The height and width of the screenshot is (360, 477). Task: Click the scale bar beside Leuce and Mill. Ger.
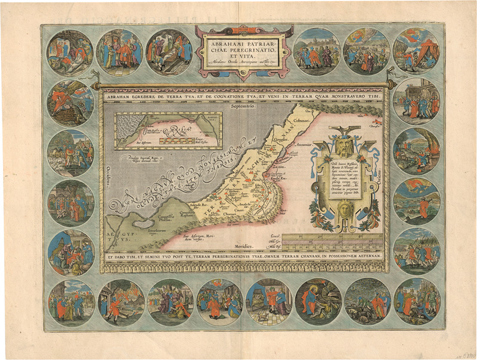334,239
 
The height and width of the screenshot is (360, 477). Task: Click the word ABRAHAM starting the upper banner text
123,95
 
